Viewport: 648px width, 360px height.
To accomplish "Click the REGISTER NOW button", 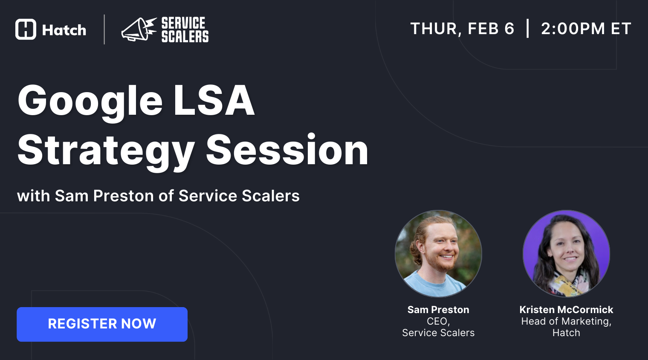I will point(102,324).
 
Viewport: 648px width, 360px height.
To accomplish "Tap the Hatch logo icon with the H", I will point(26,29).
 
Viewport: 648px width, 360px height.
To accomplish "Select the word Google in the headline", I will point(90,101).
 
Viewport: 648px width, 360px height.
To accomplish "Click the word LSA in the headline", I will point(214,101).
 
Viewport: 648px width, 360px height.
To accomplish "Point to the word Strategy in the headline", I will point(106,151).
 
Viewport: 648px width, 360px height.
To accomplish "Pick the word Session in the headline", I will point(287,151).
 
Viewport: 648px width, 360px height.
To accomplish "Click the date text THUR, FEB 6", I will point(462,29).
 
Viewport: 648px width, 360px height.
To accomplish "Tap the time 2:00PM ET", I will point(586,29).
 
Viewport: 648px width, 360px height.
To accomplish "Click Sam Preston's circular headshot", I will point(438,253).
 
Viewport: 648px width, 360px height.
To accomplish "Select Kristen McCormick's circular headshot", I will point(566,253).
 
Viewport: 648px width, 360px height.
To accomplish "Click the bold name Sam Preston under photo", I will point(438,310).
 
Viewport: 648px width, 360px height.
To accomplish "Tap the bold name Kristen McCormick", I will point(566,310).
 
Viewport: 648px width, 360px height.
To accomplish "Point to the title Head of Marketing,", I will point(566,321).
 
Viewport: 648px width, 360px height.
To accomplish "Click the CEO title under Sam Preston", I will point(438,321).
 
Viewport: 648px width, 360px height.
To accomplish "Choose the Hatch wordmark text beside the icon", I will point(64,30).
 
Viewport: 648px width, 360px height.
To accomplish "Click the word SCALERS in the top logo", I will point(185,37).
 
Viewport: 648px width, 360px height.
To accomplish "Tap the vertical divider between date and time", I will point(528,28).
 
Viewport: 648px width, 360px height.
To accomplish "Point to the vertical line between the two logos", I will point(104,29).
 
